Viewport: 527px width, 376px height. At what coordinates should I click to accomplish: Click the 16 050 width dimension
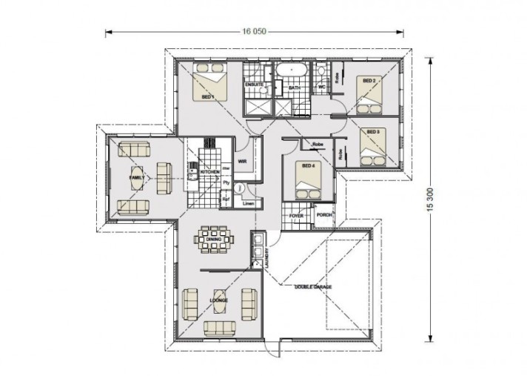click(253, 32)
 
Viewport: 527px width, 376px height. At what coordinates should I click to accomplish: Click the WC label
click(321, 87)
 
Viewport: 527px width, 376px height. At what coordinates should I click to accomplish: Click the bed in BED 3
click(371, 147)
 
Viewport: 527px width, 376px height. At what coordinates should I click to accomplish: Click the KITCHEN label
click(209, 171)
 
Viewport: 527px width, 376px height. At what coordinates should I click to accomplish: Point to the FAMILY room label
click(137, 179)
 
